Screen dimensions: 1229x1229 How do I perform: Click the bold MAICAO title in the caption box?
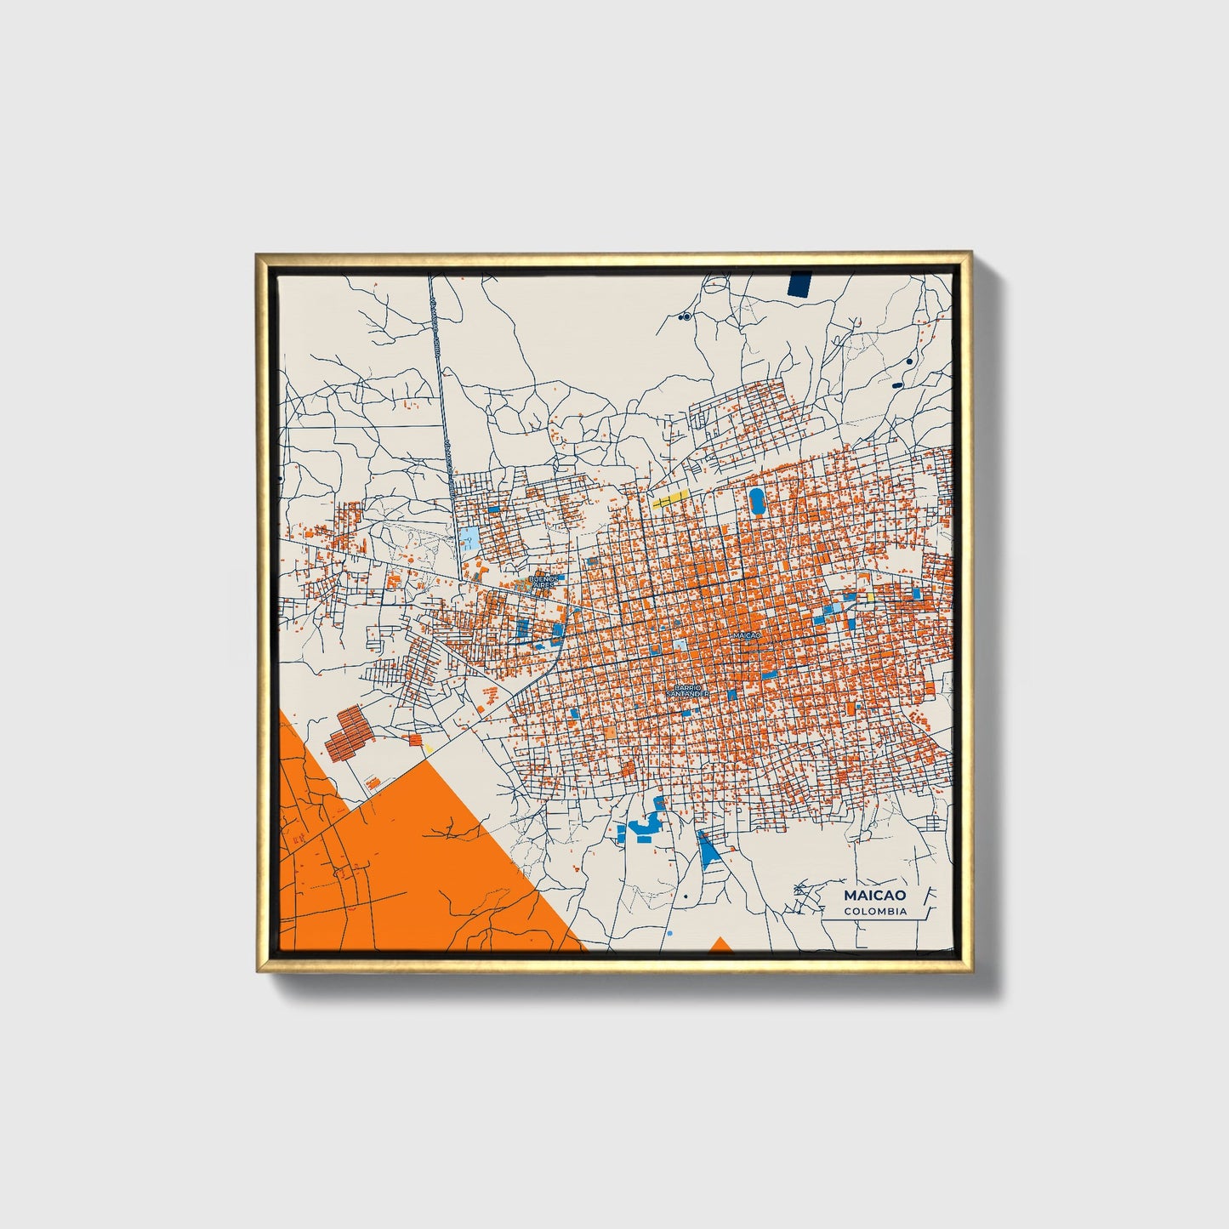point(874,895)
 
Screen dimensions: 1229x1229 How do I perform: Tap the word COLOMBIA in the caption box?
point(875,911)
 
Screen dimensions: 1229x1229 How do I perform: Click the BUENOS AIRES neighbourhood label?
point(543,582)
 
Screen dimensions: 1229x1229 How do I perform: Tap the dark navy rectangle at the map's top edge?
point(800,283)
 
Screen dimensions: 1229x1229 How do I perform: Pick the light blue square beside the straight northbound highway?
point(469,538)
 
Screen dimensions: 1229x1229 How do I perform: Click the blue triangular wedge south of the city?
point(708,848)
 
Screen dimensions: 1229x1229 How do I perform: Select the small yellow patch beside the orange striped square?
point(429,748)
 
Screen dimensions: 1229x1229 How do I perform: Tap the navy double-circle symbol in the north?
point(684,316)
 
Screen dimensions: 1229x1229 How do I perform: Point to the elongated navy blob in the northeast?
point(898,384)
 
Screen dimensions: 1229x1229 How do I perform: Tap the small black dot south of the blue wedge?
point(685,896)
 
